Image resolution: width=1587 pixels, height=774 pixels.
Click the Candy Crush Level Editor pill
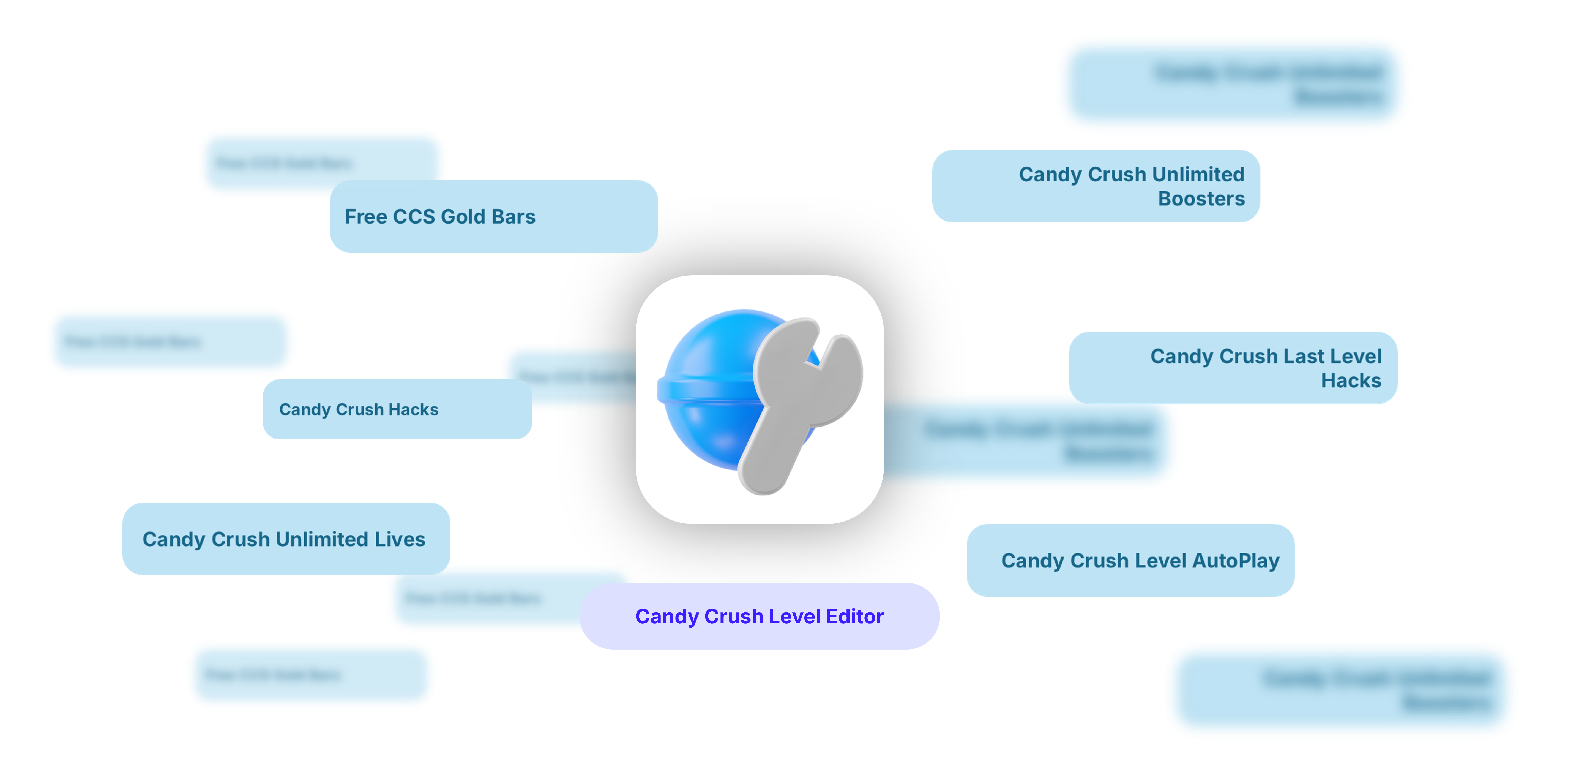[759, 616]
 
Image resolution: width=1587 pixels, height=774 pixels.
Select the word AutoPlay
[1236, 561]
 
